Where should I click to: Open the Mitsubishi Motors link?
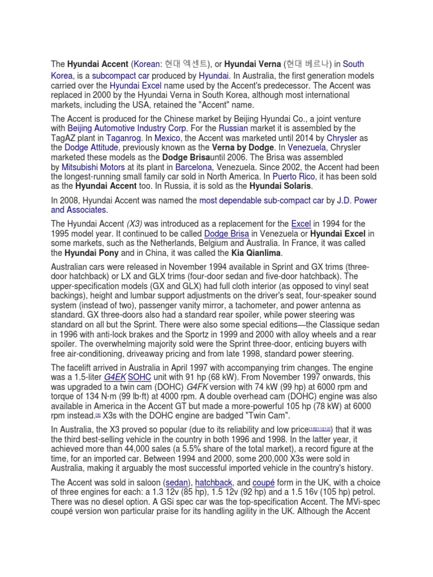click(92, 168)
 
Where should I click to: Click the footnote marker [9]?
click(98, 414)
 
